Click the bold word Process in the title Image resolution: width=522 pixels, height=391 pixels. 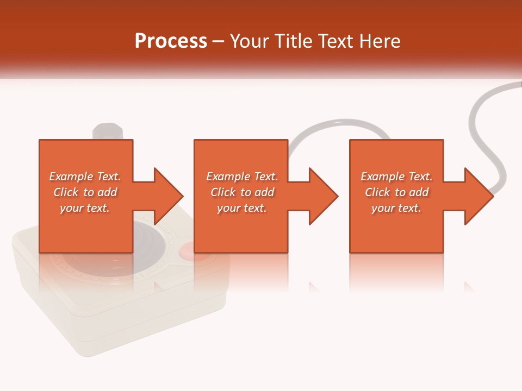tap(171, 41)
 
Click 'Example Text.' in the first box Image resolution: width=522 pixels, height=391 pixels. tap(85, 176)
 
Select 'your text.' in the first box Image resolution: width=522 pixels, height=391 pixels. tap(85, 208)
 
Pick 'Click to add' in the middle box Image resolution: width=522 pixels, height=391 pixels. tap(242, 192)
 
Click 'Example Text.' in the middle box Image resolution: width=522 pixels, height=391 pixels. tap(242, 176)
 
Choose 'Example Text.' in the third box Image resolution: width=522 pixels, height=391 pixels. tap(396, 176)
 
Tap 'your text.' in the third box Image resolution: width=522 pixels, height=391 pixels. tap(396, 208)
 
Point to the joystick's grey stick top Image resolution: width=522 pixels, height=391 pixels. tap(108, 131)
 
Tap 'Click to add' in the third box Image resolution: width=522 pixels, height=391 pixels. tap(396, 192)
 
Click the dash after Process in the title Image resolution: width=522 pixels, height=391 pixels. tap(219, 41)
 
